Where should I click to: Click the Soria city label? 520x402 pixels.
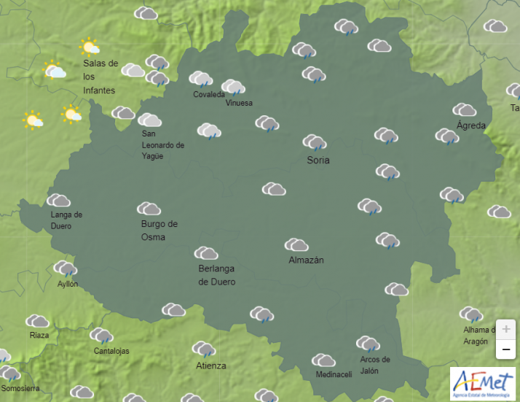(x=318, y=160)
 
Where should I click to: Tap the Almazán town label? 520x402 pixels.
(x=306, y=260)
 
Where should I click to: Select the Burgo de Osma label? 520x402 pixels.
(x=159, y=230)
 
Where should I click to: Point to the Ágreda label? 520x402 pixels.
(x=470, y=125)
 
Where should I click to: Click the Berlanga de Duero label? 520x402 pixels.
(x=217, y=275)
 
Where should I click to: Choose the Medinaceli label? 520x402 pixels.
(x=334, y=374)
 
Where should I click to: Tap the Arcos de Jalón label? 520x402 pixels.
(x=375, y=365)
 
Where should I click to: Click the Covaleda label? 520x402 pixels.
(x=209, y=94)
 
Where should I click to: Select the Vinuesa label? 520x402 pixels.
(x=239, y=103)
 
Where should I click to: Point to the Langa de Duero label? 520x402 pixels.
(x=66, y=220)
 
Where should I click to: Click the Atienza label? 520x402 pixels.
(x=210, y=366)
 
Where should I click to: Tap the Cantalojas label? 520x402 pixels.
(x=111, y=351)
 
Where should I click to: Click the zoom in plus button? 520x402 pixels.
(x=506, y=328)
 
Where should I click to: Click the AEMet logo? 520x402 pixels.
(x=481, y=384)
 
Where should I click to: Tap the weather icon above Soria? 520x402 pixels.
(x=314, y=142)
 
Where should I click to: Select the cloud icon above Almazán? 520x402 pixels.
(x=296, y=244)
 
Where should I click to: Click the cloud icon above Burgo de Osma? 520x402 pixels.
(x=149, y=209)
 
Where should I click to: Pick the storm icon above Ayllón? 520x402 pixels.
(x=65, y=268)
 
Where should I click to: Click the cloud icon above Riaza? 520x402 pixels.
(x=37, y=321)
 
